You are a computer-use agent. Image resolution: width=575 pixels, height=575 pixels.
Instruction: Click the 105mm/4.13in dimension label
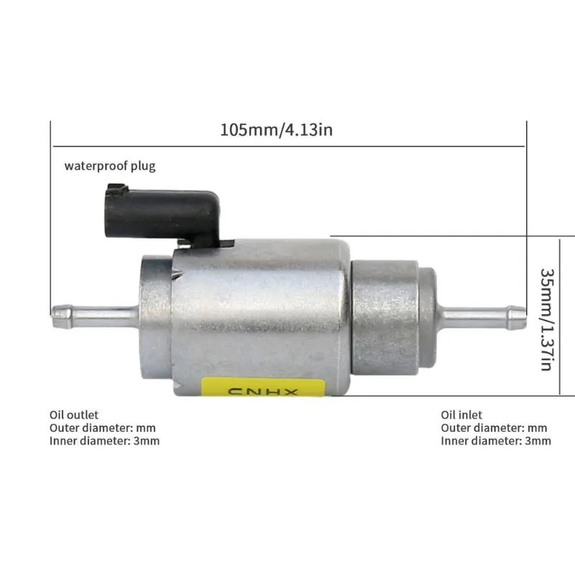(x=276, y=131)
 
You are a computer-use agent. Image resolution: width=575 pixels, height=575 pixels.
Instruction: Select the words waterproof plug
(x=110, y=166)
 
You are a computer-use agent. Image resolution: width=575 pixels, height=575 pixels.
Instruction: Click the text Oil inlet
(x=461, y=415)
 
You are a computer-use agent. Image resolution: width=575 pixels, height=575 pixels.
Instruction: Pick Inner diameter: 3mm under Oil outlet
(x=104, y=441)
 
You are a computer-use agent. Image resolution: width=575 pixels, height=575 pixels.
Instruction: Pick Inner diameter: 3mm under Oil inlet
(x=496, y=441)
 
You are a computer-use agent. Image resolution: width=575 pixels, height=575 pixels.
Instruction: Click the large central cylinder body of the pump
(x=259, y=309)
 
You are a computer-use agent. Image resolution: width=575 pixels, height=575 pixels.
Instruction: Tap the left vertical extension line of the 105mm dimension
(x=50, y=216)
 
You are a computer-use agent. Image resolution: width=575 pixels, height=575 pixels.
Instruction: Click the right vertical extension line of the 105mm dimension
(x=527, y=216)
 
